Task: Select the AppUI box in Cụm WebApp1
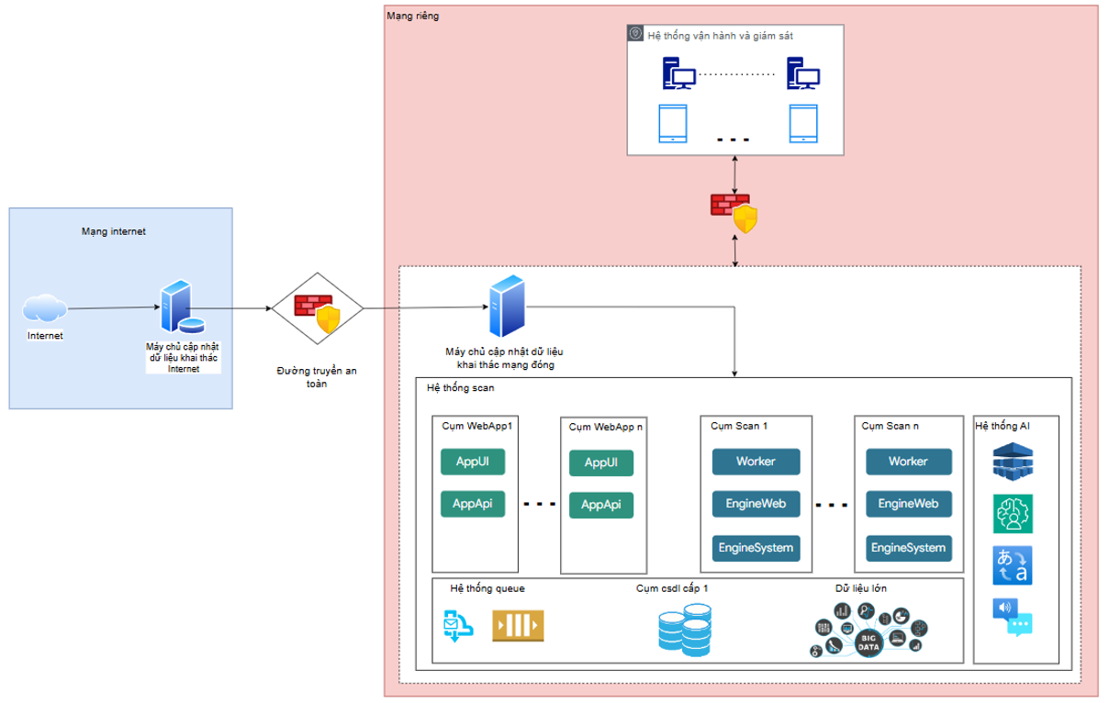pos(473,461)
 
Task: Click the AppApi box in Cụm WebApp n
pos(601,505)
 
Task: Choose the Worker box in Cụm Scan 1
pos(756,461)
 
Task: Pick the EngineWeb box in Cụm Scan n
pos(908,504)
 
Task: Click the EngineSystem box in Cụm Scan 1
pos(756,548)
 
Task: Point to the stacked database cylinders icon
pos(684,630)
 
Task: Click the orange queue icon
pos(518,626)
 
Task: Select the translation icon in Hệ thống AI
pos(1013,564)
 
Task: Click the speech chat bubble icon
pos(1013,617)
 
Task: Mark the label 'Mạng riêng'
pos(413,16)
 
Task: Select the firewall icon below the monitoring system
pos(734,211)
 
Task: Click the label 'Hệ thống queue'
pos(487,588)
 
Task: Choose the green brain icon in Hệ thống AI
pos(1013,513)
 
